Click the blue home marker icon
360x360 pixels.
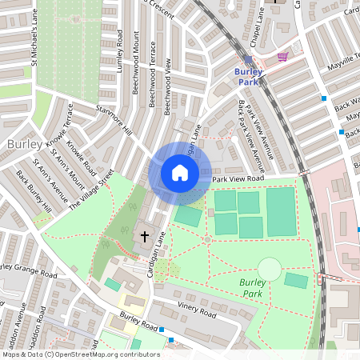click(x=180, y=173)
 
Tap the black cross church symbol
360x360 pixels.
click(x=145, y=236)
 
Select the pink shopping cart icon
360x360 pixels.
click(x=282, y=57)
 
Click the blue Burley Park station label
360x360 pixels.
click(x=249, y=76)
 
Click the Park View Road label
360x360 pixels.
click(x=238, y=179)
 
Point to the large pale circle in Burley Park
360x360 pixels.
click(x=270, y=269)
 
